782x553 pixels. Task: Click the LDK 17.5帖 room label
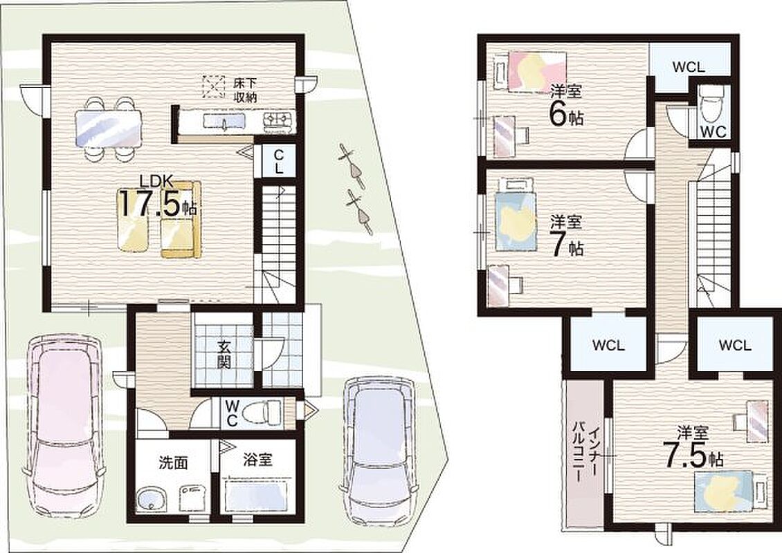coord(157,198)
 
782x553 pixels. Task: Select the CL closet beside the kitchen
coord(278,161)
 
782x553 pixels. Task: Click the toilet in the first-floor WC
coord(269,413)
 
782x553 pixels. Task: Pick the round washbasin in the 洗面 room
coord(151,498)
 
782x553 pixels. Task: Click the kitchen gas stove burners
coord(278,120)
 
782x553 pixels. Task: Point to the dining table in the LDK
coord(108,128)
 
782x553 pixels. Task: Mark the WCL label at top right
coord(689,67)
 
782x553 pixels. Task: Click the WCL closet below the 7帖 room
coord(608,345)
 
